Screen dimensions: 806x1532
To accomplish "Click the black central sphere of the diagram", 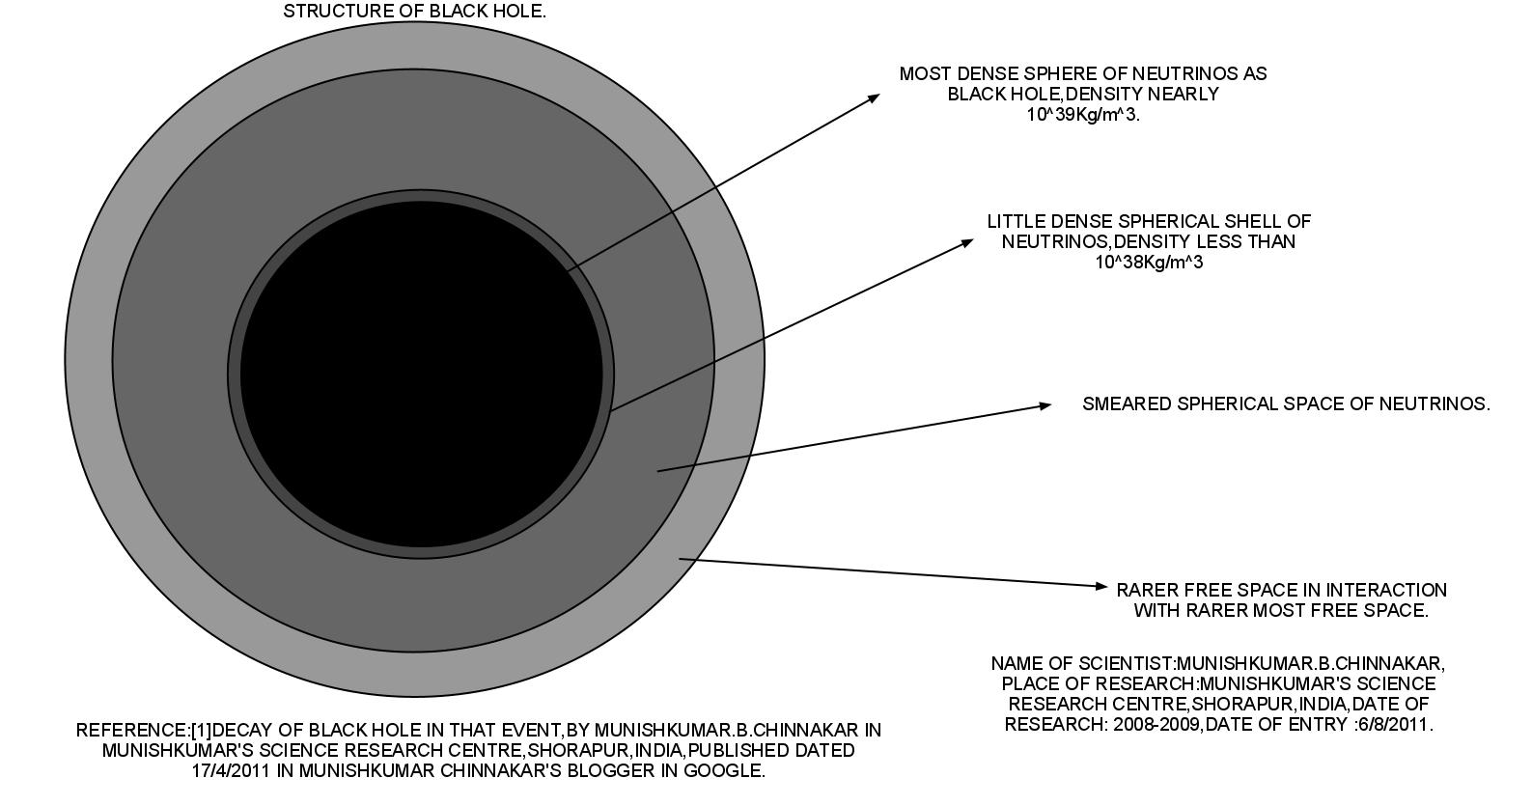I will [421, 375].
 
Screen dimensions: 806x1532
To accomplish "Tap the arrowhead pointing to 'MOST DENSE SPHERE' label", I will [874, 97].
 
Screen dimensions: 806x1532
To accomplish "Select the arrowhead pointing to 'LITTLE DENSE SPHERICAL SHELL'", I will [968, 242].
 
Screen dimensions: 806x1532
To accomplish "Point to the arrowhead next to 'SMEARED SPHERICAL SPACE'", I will [1045, 405].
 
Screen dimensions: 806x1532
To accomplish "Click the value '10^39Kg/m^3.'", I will [1083, 115].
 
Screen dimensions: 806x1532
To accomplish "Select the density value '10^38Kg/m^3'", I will [1149, 263].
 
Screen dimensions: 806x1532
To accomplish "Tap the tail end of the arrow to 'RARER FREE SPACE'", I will [681, 558].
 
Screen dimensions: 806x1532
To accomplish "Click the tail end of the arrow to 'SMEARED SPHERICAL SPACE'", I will [658, 471].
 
